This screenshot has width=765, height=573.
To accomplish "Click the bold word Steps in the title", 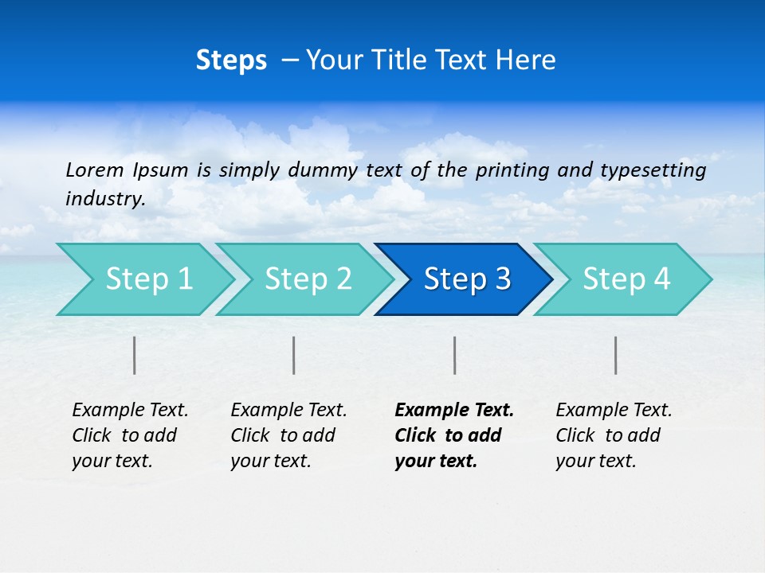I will click(x=231, y=60).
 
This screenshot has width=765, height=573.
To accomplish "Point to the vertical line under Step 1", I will click(x=135, y=355).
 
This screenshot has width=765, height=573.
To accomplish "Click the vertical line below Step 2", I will click(x=294, y=355).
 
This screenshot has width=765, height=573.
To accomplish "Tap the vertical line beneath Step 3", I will click(x=454, y=355).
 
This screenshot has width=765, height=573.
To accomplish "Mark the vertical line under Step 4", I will click(x=615, y=355).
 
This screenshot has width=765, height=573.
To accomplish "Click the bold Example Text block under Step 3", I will click(x=453, y=435).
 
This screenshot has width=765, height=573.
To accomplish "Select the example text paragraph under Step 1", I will click(x=130, y=435).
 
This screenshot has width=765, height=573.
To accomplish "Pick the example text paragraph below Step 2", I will click(x=288, y=435).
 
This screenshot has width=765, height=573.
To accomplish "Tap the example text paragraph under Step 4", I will click(x=614, y=435).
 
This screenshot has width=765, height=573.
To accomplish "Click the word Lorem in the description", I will click(x=94, y=170).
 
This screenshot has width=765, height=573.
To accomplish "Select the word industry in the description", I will click(x=104, y=199).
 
